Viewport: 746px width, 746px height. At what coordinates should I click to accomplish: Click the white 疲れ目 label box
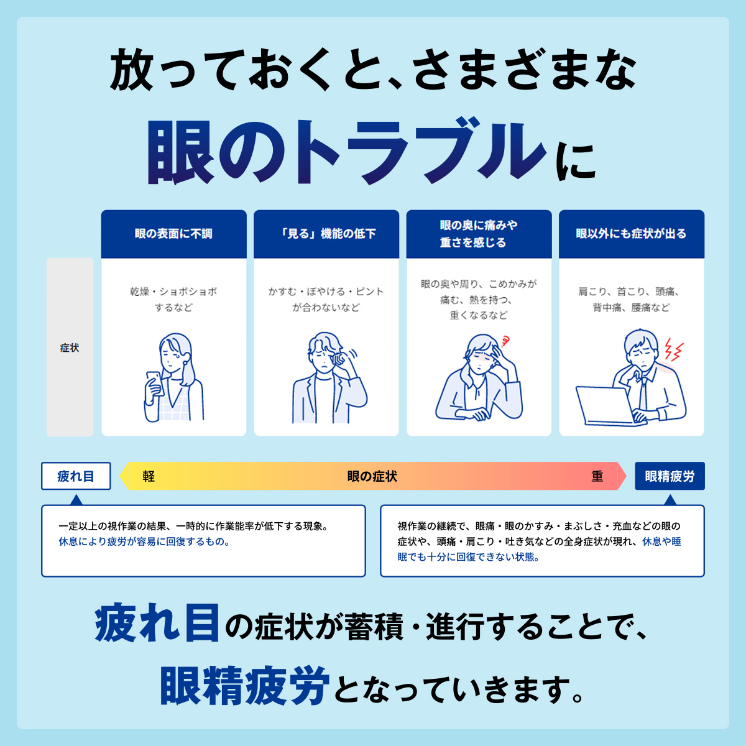click(76, 476)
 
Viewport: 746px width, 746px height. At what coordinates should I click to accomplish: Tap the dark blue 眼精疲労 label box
click(670, 476)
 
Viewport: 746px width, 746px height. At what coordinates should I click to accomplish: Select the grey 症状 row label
click(70, 348)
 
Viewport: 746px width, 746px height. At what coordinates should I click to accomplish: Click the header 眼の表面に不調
click(173, 234)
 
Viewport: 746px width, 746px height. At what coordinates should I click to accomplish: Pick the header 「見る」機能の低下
click(326, 234)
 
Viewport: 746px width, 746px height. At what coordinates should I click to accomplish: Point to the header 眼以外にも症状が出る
click(632, 234)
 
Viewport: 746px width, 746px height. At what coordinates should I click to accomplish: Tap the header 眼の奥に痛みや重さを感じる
click(479, 234)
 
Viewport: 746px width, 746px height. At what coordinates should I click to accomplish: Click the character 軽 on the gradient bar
click(149, 476)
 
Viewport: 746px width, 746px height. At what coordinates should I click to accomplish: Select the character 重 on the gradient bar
click(597, 476)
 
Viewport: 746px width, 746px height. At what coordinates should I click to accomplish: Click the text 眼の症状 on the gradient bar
click(372, 476)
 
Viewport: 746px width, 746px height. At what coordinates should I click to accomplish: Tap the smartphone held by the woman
click(155, 383)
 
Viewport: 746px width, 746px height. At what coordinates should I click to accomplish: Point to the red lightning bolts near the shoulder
click(674, 349)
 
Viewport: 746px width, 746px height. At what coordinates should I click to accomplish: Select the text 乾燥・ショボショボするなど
click(173, 300)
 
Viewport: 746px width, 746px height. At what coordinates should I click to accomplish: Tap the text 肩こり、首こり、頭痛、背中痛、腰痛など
click(632, 300)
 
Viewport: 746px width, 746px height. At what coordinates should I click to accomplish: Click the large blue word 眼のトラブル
click(346, 152)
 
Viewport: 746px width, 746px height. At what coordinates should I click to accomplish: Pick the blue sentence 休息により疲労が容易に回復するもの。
click(144, 541)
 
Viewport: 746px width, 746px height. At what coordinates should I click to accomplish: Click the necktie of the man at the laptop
click(643, 393)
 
